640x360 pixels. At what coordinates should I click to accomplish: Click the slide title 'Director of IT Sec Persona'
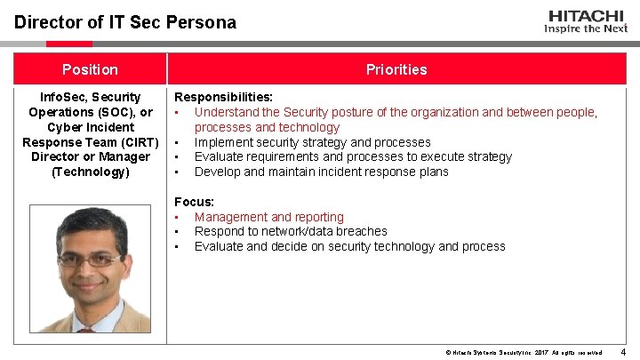(125, 22)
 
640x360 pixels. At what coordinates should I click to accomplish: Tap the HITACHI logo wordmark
(586, 15)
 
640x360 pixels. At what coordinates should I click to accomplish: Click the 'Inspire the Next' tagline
(586, 28)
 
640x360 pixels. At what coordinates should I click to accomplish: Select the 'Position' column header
(89, 69)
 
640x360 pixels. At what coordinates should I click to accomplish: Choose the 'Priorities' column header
(396, 69)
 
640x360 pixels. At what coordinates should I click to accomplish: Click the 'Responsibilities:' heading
(223, 97)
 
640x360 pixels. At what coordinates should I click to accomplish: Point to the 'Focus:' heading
(195, 202)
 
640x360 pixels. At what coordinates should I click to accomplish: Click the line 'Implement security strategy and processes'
(312, 142)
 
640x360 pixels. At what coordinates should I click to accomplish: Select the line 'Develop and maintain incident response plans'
(321, 172)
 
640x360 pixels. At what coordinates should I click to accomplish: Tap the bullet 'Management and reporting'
(268, 217)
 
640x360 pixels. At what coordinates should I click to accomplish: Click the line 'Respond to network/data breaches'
(291, 231)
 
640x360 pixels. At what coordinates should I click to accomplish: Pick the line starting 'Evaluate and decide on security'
(349, 246)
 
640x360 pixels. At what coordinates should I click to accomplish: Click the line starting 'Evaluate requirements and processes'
(353, 156)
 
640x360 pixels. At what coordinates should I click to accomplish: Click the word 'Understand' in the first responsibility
(226, 112)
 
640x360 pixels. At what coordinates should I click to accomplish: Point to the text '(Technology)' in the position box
(89, 172)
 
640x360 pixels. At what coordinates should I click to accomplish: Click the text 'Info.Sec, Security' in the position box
(90, 97)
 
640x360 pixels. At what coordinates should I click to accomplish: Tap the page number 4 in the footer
(622, 352)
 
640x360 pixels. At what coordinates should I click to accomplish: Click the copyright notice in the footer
(524, 353)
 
